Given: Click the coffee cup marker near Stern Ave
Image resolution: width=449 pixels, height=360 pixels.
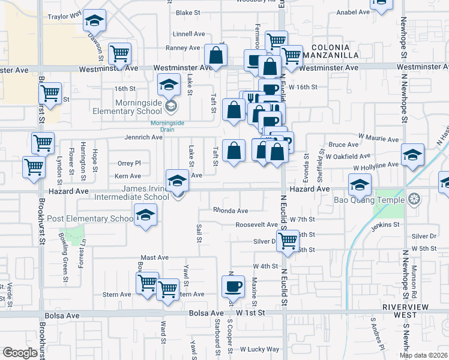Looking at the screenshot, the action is pyautogui.click(x=233, y=286).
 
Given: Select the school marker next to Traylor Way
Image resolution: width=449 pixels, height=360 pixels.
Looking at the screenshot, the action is pyautogui.click(x=94, y=22).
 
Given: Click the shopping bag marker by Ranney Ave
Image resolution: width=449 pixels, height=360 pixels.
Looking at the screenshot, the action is pyautogui.click(x=215, y=56).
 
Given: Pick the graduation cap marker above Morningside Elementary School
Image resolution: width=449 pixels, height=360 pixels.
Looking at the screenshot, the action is pyautogui.click(x=169, y=85).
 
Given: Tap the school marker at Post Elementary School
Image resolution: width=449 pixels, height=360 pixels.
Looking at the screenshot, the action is pyautogui.click(x=145, y=216).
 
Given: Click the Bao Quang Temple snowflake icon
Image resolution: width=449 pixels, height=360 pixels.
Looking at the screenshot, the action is pyautogui.click(x=414, y=199).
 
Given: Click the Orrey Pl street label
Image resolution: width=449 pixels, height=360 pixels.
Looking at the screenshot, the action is pyautogui.click(x=129, y=163).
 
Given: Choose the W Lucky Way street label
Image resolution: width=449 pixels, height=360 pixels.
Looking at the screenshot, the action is pyautogui.click(x=259, y=349).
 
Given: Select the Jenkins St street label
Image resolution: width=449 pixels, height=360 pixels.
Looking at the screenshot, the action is pyautogui.click(x=385, y=224).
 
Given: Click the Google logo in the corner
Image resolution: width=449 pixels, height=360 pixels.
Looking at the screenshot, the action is pyautogui.click(x=20, y=353).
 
